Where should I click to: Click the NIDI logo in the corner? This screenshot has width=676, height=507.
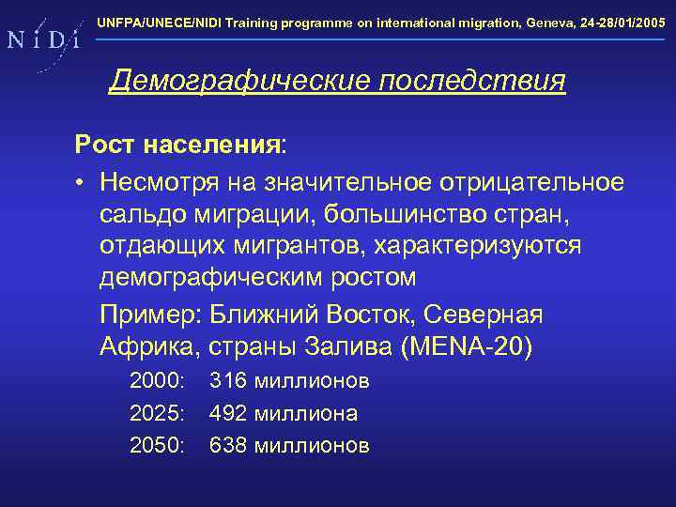pyautogui.click(x=41, y=40)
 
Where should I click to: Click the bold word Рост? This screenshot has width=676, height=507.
pyautogui.click(x=104, y=146)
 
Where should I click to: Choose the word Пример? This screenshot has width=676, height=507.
pyautogui.click(x=151, y=314)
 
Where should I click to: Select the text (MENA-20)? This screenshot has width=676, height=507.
pyautogui.click(x=466, y=346)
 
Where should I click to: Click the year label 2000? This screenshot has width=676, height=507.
pyautogui.click(x=159, y=381)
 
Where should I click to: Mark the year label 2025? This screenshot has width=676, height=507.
pyautogui.click(x=159, y=413)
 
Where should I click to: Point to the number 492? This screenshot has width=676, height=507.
pyautogui.click(x=228, y=413)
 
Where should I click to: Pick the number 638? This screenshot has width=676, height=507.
pyautogui.click(x=228, y=445)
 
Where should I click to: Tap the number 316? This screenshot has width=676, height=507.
pyautogui.click(x=228, y=381)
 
